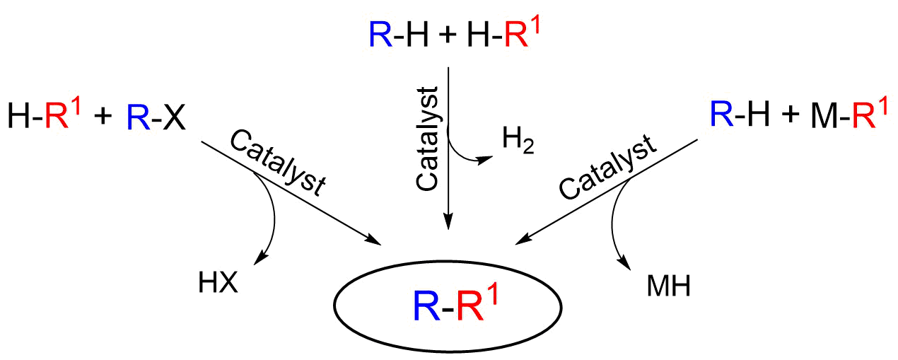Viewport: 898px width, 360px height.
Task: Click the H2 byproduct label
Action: click(518, 140)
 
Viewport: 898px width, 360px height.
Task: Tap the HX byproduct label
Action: click(218, 283)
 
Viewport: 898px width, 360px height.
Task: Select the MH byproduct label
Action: click(669, 286)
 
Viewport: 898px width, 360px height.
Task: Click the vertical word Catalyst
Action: click(426, 139)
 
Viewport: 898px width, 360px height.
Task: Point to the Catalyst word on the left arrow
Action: click(277, 163)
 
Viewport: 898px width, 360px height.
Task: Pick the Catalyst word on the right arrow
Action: click(608, 167)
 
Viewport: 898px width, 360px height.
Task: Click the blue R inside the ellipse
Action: click(426, 306)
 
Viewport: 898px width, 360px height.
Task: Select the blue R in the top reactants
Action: click(380, 35)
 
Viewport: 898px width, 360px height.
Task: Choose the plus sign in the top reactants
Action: click(448, 35)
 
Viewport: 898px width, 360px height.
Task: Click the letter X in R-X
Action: click(174, 117)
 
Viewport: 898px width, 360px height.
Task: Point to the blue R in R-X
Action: click(139, 117)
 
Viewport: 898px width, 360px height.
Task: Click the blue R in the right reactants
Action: click(722, 114)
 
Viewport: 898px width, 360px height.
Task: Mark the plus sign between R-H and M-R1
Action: click(790, 115)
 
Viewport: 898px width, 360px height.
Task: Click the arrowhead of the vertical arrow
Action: click(448, 221)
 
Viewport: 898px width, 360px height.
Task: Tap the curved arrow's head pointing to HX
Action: click(261, 258)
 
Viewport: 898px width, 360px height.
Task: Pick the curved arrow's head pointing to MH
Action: click(624, 263)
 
